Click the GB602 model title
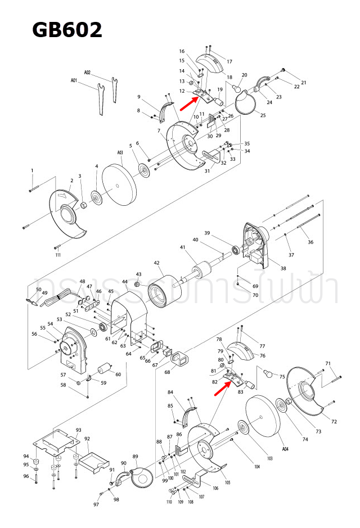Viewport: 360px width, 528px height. [67, 29]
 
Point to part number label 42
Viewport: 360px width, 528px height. [157, 263]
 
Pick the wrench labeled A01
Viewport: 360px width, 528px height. [100, 99]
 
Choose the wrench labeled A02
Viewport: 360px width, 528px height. [114, 90]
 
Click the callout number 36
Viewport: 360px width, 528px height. [310, 242]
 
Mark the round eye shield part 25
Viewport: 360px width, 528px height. [245, 104]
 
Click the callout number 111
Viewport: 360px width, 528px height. [58, 255]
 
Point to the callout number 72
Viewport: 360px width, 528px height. [334, 421]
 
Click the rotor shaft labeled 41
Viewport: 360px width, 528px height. [200, 272]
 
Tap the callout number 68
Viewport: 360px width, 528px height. [168, 372]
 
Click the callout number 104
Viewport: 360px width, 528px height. [257, 467]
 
